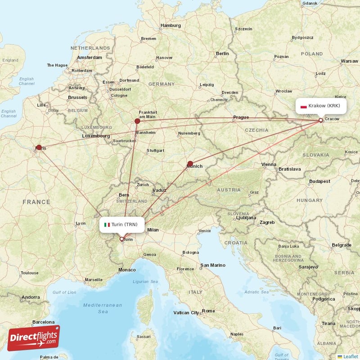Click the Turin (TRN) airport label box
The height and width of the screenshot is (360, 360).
tap(122, 224)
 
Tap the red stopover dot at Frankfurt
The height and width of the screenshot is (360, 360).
tap(137, 121)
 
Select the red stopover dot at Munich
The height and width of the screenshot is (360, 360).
tap(190, 164)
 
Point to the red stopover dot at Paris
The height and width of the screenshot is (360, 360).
tap(39, 147)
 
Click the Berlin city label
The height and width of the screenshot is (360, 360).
tap(222, 54)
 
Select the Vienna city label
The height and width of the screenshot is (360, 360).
tap(269, 165)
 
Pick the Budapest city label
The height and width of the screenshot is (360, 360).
tap(319, 181)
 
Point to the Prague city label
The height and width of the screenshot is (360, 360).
tap(241, 117)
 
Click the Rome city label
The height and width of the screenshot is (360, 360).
tap(208, 310)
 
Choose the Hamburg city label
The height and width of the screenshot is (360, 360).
tap(171, 26)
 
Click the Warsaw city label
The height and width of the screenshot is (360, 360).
tap(349, 61)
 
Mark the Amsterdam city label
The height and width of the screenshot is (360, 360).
tap(89, 58)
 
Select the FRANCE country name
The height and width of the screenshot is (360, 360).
tap(36, 202)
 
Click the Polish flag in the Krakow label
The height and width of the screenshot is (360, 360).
tap(303, 107)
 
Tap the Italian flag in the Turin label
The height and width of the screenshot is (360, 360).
tap(107, 225)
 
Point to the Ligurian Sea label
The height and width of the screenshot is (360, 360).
tap(145, 282)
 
